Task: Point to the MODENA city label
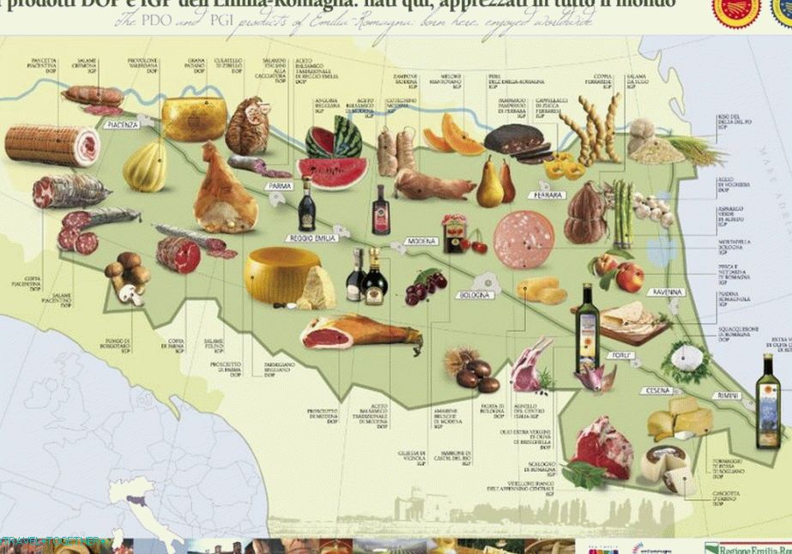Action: (421, 241)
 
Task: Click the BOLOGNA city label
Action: (474, 295)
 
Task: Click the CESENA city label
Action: (654, 390)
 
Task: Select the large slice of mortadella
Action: (523, 240)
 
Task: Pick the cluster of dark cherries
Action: (425, 286)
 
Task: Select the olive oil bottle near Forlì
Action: (587, 319)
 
